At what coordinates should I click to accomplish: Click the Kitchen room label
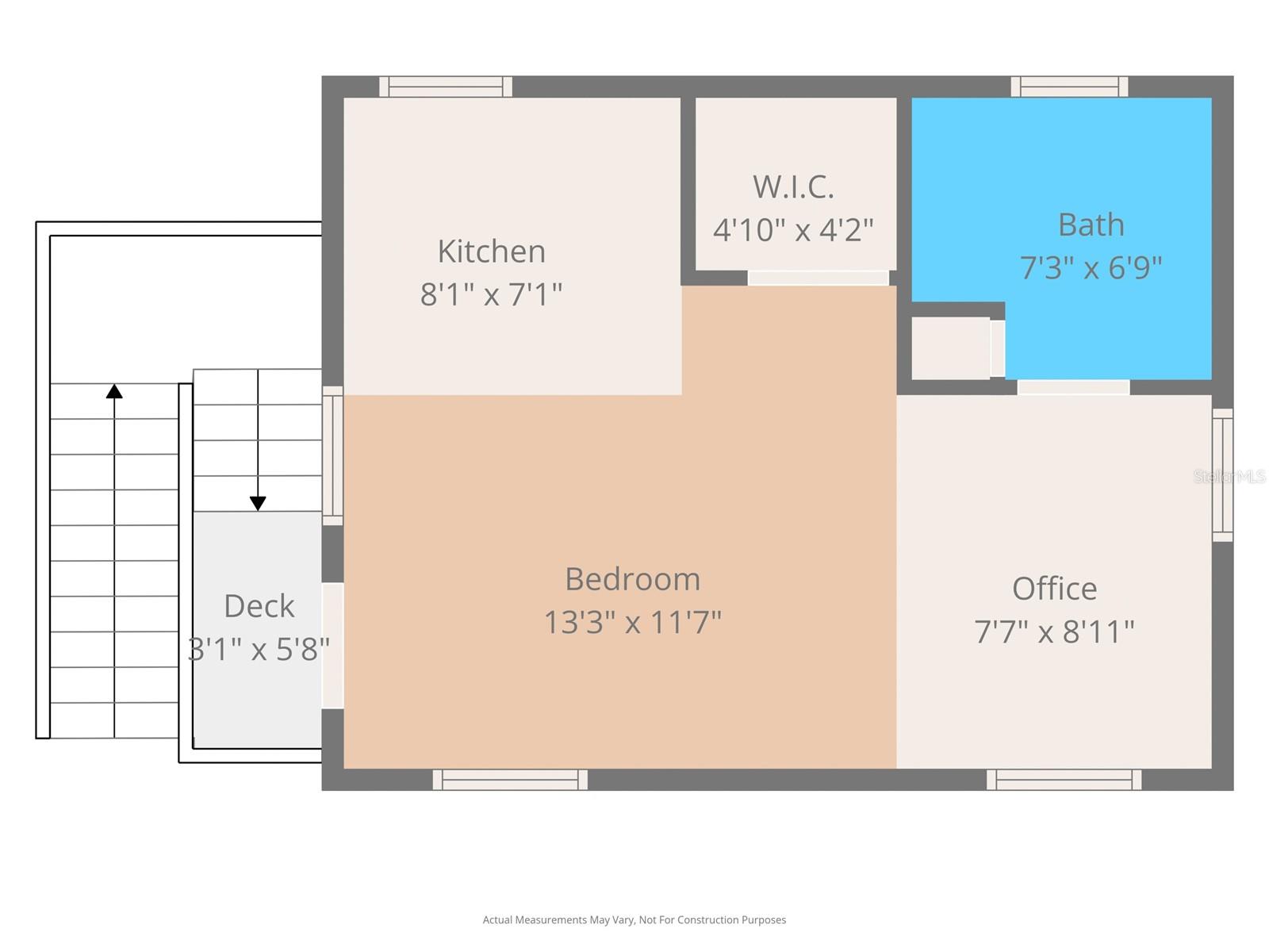click(x=491, y=251)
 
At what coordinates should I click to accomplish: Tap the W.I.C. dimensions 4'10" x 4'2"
click(x=793, y=230)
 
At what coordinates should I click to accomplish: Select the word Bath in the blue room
click(x=1091, y=225)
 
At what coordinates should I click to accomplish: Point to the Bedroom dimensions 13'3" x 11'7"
click(x=632, y=622)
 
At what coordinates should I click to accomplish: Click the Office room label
click(x=1054, y=589)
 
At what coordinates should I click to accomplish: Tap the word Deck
click(x=259, y=606)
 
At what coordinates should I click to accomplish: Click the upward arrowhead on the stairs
click(x=114, y=391)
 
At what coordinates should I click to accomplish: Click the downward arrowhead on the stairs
click(x=258, y=503)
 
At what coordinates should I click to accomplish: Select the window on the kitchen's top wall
click(x=445, y=86)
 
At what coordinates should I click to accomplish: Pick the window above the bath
click(x=1069, y=86)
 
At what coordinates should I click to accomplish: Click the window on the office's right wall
click(x=1222, y=475)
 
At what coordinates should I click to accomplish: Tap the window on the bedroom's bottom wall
click(x=510, y=780)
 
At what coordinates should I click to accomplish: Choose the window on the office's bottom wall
click(x=1064, y=780)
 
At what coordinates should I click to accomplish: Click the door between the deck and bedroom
click(x=332, y=646)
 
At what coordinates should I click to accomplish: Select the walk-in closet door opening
click(x=818, y=278)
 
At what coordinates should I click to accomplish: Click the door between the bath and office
click(x=1073, y=387)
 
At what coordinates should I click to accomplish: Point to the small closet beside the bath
click(x=950, y=348)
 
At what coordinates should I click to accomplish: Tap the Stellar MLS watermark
click(x=1229, y=476)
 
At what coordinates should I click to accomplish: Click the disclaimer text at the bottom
click(x=634, y=920)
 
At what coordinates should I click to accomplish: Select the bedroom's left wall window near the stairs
click(x=332, y=455)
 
